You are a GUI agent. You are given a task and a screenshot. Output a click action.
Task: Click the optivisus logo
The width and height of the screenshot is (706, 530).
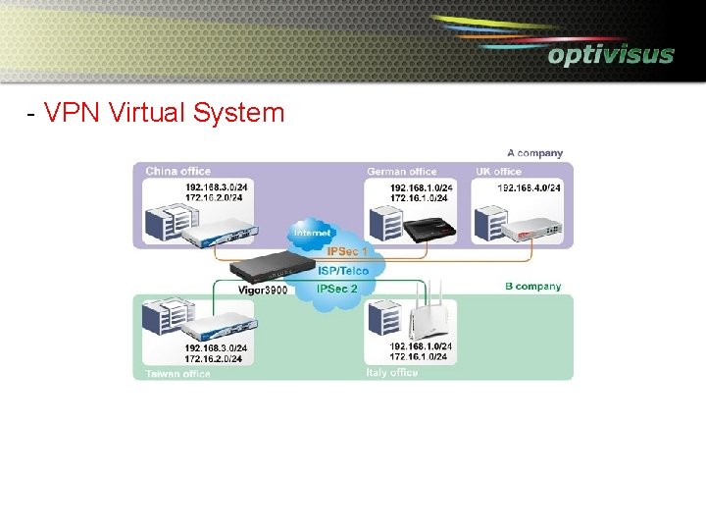pos(610,54)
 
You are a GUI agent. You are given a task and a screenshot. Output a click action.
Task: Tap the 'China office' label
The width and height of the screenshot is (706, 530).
pos(177,172)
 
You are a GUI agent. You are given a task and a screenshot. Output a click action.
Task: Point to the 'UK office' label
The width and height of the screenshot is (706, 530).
pos(498,172)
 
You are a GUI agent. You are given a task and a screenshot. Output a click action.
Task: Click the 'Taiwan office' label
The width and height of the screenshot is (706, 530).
pos(177,374)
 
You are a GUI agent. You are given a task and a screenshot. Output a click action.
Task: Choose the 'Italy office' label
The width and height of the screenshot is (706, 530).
pos(392,373)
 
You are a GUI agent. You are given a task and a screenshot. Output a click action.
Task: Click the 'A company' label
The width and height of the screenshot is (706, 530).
pos(534,153)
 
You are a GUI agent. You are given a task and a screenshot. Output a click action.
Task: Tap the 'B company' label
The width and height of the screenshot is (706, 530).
pos(532,287)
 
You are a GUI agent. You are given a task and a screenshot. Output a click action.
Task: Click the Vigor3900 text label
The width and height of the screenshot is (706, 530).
pos(263,291)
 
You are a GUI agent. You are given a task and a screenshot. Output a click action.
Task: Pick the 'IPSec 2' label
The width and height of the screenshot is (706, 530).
pos(337,289)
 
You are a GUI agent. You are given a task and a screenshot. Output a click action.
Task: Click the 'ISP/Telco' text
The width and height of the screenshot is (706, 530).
pos(343,271)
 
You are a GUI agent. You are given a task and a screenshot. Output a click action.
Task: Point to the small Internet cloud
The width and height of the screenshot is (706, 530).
pos(312,234)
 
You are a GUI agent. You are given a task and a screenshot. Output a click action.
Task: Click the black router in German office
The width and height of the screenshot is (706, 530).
pos(430,230)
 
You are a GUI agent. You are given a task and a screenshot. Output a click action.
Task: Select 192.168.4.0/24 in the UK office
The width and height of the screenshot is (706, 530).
pos(529,187)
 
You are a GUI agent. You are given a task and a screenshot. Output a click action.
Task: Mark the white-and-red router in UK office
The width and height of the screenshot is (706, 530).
pos(531,231)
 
